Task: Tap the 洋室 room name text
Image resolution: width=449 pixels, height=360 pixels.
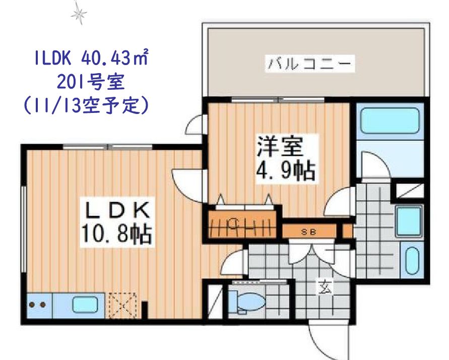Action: coord(280,146)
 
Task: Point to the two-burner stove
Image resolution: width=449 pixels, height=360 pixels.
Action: coord(38,305)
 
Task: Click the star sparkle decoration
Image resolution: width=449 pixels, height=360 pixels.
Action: coord(79,14)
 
